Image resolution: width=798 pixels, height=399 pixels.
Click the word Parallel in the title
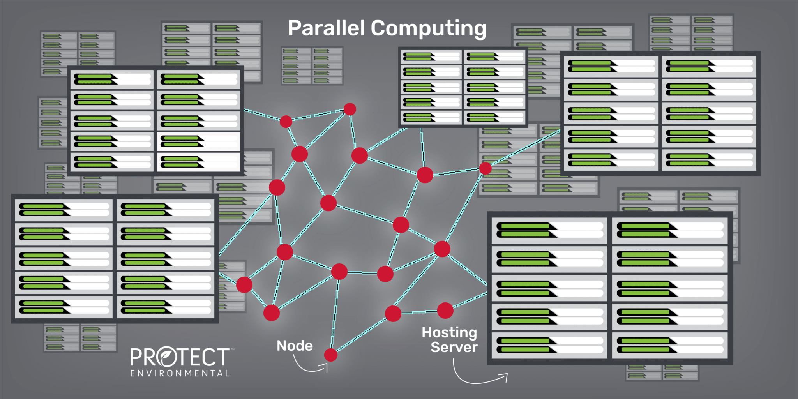pyautogui.click(x=326, y=28)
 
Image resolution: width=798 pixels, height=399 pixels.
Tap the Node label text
pyautogui.click(x=295, y=346)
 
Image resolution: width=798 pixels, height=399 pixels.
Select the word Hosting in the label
pyautogui.click(x=449, y=332)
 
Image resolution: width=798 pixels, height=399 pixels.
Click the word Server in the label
pyautogui.click(x=454, y=347)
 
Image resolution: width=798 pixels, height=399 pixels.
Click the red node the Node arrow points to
pyautogui.click(x=330, y=355)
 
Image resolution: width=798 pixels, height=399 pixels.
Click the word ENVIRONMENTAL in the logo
pyautogui.click(x=180, y=373)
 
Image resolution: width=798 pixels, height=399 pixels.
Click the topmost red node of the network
pyautogui.click(x=350, y=109)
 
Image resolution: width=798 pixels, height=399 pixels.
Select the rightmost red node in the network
pyautogui.click(x=485, y=168)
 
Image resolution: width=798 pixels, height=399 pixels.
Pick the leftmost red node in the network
pyautogui.click(x=244, y=285)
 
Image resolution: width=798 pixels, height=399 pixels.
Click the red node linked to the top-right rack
pyautogui.click(x=485, y=168)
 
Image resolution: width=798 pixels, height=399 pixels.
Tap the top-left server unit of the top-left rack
pyautogui.click(x=112, y=79)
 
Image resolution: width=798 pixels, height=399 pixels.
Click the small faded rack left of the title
pyautogui.click(x=312, y=66)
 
